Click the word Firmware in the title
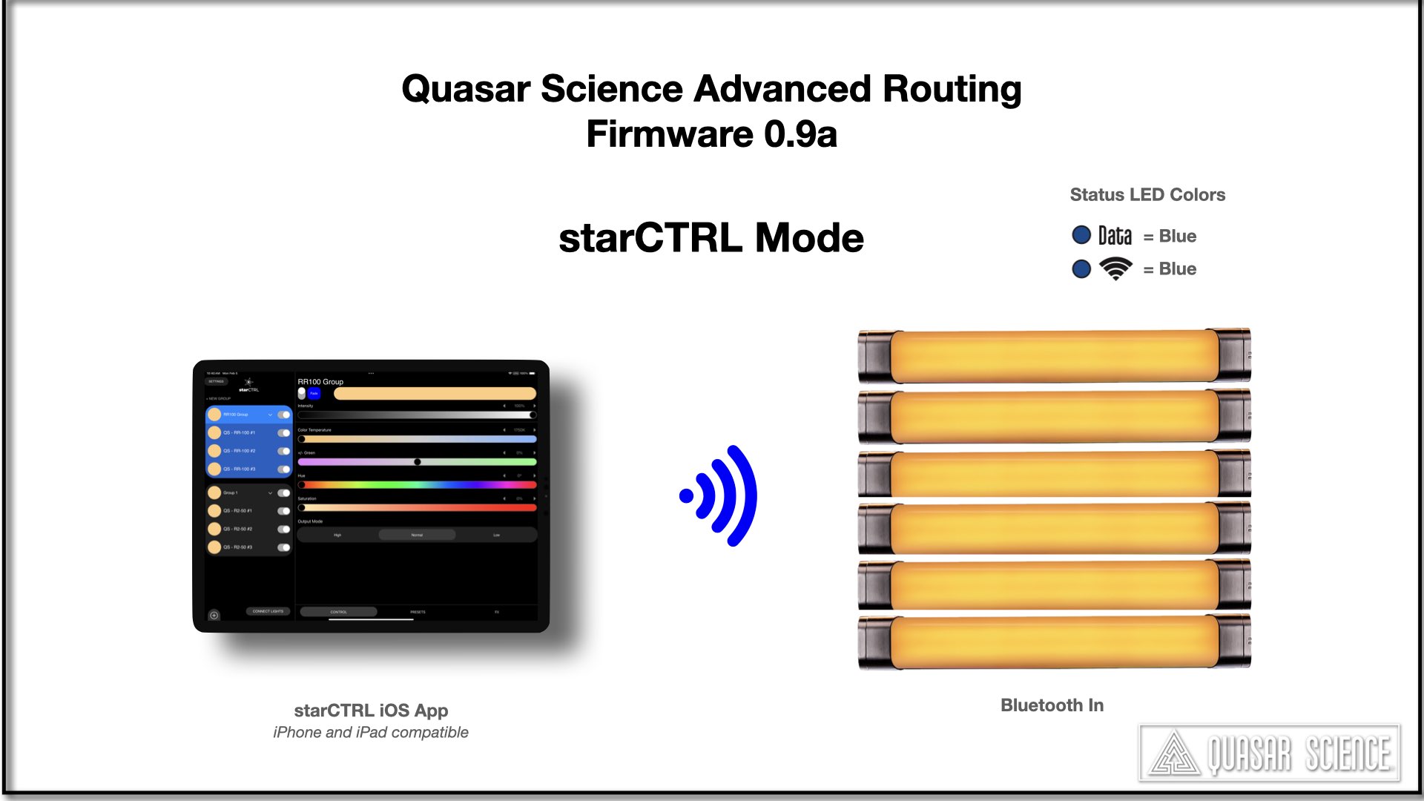[x=669, y=134]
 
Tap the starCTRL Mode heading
[x=711, y=238]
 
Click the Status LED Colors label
[x=1147, y=194]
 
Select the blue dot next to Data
[x=1081, y=235]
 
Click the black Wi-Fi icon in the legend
[x=1115, y=268]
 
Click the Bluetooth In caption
[x=1052, y=705]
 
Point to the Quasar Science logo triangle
[x=1174, y=754]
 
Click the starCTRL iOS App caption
[x=371, y=710]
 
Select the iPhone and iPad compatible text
[x=371, y=732]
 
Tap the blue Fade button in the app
[x=314, y=393]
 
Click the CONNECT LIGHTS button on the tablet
[x=268, y=611]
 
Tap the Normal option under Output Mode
[x=417, y=535]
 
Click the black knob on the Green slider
[x=418, y=462]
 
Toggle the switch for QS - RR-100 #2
[x=283, y=451]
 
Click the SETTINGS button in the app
[x=216, y=381]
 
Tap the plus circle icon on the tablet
[x=214, y=615]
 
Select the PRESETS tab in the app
[x=418, y=612]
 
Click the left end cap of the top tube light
[x=875, y=356]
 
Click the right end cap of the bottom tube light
[x=1234, y=642]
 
